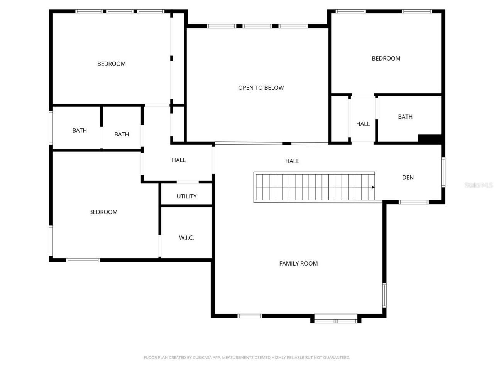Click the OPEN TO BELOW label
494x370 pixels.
[261, 88]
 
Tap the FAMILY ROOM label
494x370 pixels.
[298, 264]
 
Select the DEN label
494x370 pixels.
[408, 177]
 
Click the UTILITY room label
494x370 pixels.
[186, 197]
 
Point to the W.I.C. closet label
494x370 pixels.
[186, 238]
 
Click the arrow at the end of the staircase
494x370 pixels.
[373, 187]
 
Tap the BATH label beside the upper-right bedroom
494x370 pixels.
[405, 117]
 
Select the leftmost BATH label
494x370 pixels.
[80, 131]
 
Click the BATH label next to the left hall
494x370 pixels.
[122, 135]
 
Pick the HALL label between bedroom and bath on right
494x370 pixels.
[363, 124]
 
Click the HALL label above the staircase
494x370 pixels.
[292, 161]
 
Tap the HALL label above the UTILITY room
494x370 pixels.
[178, 160]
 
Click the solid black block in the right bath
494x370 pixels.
[430, 139]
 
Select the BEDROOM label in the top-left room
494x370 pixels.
[111, 64]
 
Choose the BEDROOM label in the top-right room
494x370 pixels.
[386, 59]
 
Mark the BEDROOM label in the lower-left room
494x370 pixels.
[103, 212]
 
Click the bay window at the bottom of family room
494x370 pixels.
[336, 319]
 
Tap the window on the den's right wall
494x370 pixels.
[443, 172]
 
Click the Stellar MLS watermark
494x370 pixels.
[478, 185]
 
